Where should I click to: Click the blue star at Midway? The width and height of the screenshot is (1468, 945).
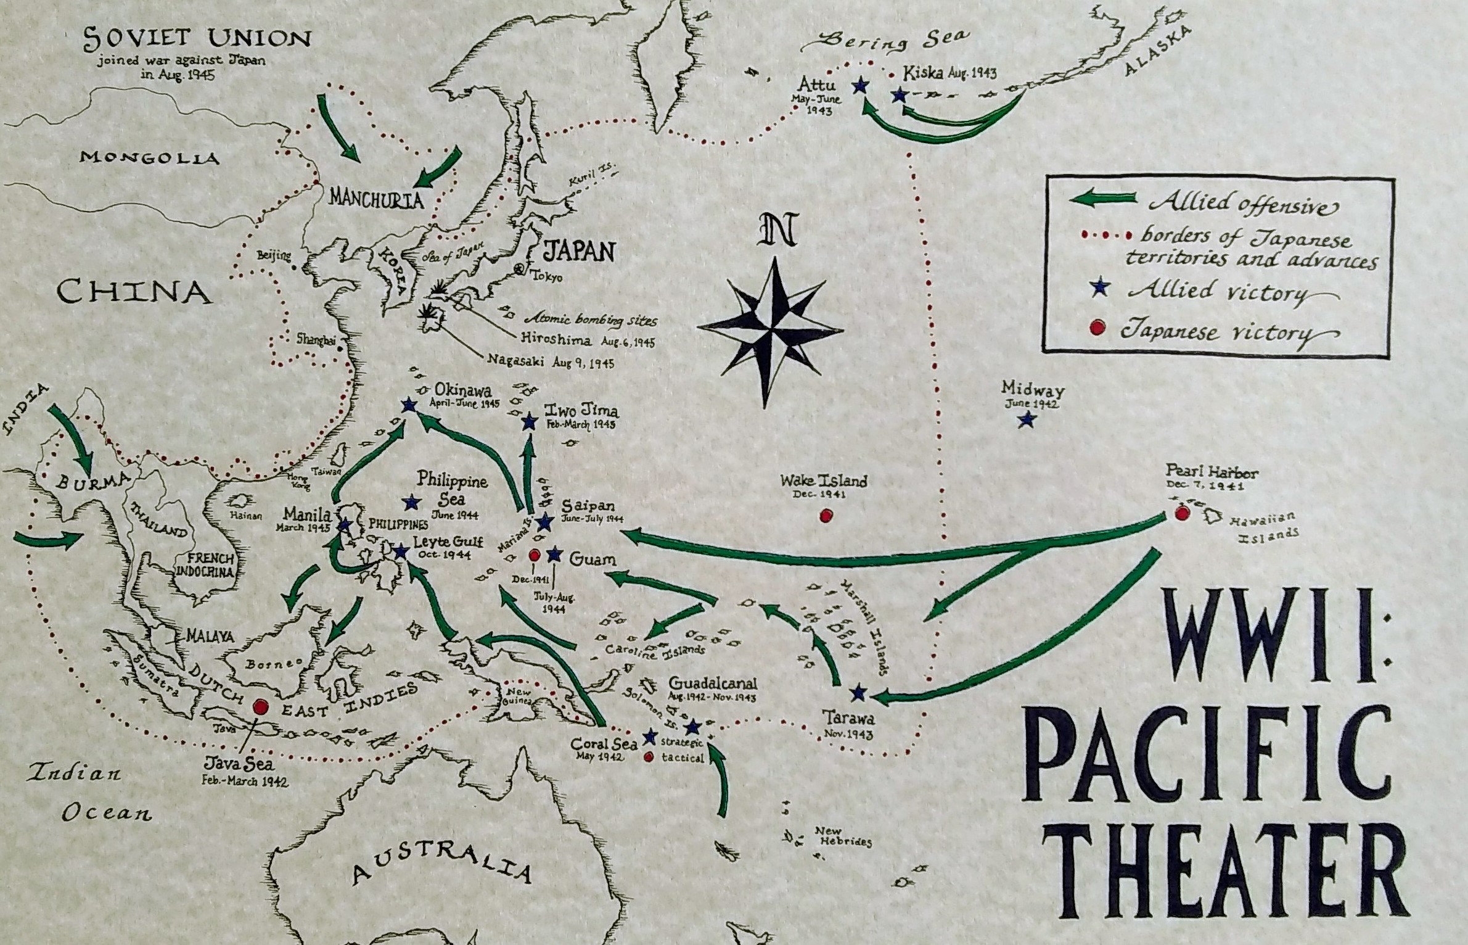[1026, 420]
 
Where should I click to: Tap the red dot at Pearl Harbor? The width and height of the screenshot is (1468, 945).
[1181, 513]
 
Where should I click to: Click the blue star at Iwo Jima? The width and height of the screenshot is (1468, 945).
[529, 423]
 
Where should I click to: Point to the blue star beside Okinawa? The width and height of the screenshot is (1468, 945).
[408, 405]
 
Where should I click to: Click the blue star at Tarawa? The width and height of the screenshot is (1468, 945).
[857, 693]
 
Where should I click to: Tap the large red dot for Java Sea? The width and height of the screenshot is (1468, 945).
[260, 706]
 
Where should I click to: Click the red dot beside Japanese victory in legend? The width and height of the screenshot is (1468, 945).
[1096, 329]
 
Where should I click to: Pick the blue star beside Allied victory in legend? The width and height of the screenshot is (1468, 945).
[1096, 290]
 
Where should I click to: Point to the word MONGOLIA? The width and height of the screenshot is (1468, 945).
[149, 158]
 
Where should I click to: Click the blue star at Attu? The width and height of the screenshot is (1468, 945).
[859, 86]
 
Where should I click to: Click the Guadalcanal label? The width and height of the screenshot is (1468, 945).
[712, 684]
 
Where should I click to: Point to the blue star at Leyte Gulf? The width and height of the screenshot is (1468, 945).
[400, 551]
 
